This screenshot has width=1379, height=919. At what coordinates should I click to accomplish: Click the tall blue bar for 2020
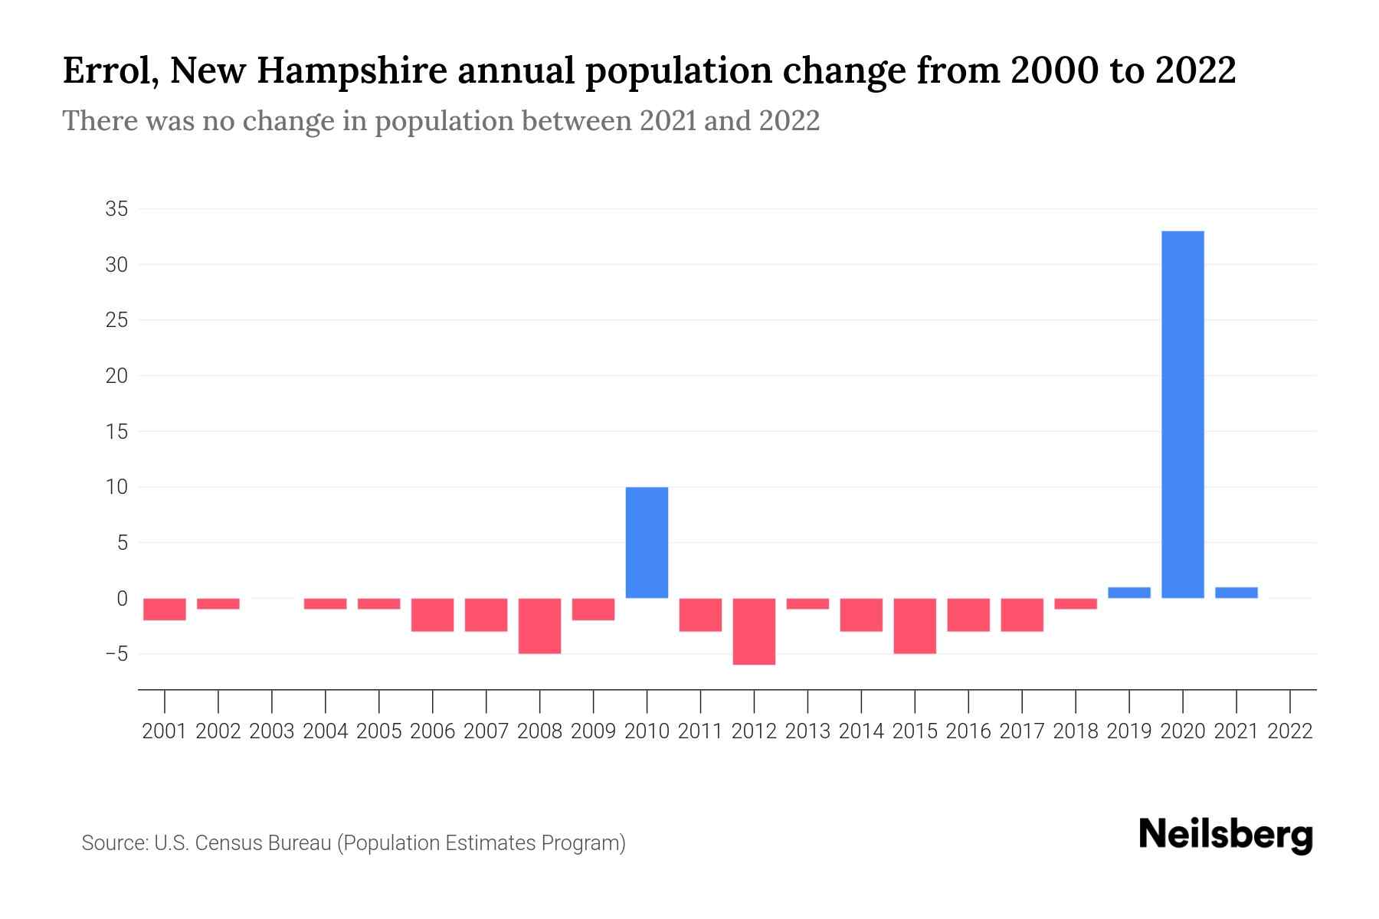coord(1183,414)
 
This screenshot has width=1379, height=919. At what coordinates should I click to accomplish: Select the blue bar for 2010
coord(647,542)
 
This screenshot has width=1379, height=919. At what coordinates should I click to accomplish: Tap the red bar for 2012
coord(754,631)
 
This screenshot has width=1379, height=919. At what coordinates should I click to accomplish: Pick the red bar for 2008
coord(539,626)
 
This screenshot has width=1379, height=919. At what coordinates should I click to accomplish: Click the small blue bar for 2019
coord(1129,593)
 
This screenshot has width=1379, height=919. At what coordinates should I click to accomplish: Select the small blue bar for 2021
coord(1237,593)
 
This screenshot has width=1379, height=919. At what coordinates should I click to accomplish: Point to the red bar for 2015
coord(915,626)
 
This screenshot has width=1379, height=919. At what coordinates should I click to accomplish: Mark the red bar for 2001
coord(165,609)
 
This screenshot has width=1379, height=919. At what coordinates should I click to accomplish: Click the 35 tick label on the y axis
coord(116,209)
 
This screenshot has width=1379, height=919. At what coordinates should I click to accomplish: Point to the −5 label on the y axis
coord(113,654)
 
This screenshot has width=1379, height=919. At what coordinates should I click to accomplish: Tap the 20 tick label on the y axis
coord(116,376)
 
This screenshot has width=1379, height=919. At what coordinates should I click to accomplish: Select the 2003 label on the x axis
coord(272,731)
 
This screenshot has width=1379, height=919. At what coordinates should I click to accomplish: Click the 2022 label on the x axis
coord(1290,731)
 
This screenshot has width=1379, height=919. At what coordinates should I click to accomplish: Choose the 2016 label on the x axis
coord(968,731)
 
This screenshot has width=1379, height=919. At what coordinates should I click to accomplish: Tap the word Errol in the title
coord(110,71)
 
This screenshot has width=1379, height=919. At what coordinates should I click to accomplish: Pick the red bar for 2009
coord(593,609)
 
